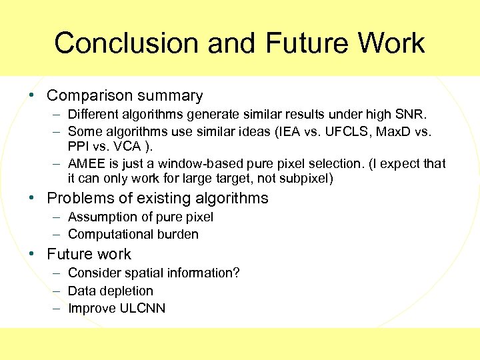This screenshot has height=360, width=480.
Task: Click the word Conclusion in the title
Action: click(x=126, y=43)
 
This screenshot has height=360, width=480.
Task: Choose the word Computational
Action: click(x=109, y=234)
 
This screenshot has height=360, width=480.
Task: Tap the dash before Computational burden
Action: click(x=57, y=234)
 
